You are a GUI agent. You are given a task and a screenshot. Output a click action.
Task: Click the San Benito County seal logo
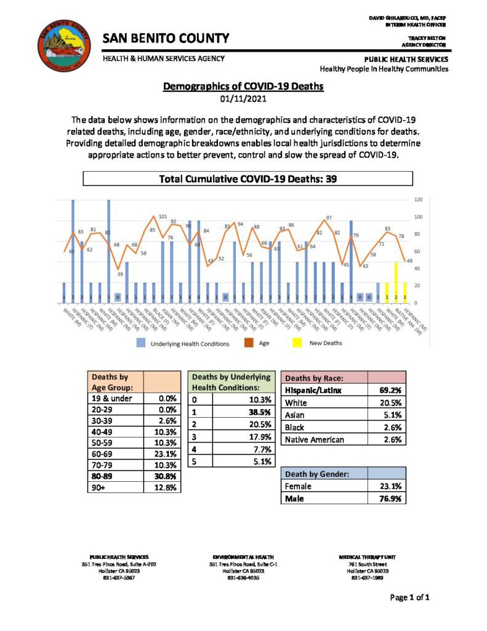point(62,44)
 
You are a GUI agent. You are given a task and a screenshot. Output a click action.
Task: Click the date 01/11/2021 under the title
point(243,99)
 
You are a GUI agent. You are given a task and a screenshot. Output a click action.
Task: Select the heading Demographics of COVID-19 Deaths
point(243,87)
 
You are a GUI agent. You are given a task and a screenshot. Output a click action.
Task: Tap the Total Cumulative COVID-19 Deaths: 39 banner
point(247,179)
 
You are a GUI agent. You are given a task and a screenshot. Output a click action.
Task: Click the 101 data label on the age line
point(163,217)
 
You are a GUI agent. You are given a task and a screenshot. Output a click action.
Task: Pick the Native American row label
point(314,439)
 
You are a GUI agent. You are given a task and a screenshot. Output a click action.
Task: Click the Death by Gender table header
point(315,474)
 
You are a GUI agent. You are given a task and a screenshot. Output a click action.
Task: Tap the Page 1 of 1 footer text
point(409,598)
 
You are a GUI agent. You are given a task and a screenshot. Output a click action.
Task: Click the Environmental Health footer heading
point(244,556)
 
